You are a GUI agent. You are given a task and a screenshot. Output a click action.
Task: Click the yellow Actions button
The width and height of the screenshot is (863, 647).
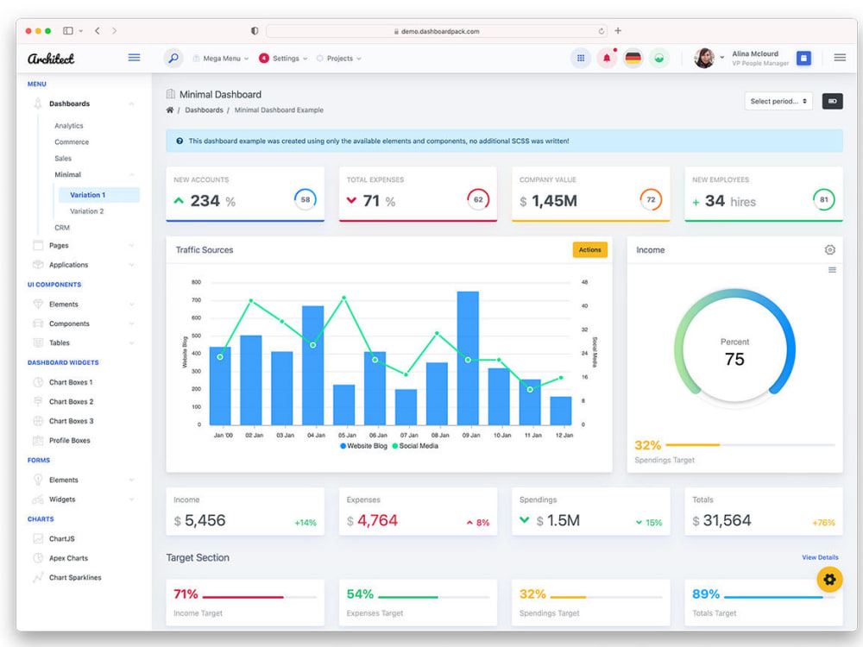590,250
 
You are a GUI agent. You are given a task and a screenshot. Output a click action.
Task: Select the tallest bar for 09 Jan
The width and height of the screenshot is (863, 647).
468,358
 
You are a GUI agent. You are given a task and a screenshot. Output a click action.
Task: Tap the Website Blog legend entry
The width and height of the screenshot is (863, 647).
363,446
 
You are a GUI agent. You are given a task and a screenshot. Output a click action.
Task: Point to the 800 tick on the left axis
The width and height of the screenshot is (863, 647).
197,282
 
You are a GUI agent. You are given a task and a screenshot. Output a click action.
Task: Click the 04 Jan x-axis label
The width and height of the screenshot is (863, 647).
316,435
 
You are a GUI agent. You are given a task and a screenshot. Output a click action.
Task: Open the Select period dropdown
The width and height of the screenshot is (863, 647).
778,101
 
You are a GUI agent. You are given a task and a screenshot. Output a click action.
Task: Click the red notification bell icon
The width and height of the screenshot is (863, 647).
607,59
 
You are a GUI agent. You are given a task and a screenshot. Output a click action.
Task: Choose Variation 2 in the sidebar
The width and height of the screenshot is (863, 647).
86,211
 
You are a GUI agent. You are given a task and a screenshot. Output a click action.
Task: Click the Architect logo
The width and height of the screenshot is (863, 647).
51,59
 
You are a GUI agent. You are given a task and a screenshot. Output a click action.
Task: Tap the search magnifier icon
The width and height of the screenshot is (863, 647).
173,58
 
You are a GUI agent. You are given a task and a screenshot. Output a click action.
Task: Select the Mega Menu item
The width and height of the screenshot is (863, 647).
221,59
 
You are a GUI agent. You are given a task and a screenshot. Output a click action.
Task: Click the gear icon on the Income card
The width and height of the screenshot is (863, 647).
830,250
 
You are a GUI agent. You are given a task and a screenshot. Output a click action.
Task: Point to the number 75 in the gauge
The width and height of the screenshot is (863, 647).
734,359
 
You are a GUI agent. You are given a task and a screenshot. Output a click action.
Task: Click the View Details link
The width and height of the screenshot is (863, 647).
820,557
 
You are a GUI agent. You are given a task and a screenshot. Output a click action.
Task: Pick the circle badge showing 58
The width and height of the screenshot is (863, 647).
305,200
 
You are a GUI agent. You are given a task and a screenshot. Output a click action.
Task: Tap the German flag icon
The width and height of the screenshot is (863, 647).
633,59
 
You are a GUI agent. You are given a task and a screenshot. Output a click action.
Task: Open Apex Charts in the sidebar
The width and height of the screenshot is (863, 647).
68,558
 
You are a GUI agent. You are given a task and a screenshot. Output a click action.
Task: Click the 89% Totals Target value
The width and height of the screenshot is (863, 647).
706,594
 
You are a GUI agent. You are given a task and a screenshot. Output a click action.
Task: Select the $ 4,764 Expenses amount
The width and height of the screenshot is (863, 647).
372,520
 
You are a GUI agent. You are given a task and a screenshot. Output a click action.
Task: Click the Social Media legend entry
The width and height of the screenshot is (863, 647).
415,446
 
